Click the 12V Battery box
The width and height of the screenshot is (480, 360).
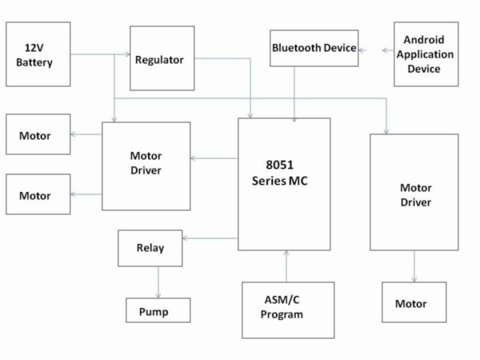click(38, 54)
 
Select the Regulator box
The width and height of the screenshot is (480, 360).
click(162, 58)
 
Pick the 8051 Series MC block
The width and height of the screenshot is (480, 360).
click(284, 184)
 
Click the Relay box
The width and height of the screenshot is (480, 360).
click(150, 248)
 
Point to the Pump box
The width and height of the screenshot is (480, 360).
click(158, 310)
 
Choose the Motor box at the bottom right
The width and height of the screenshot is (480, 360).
click(414, 303)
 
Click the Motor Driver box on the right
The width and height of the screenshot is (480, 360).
click(414, 192)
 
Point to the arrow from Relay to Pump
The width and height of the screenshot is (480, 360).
click(158, 282)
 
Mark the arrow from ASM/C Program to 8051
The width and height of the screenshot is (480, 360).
click(285, 266)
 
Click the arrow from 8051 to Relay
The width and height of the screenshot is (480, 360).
click(210, 238)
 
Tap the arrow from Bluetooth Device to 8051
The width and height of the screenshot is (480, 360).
click(295, 93)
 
